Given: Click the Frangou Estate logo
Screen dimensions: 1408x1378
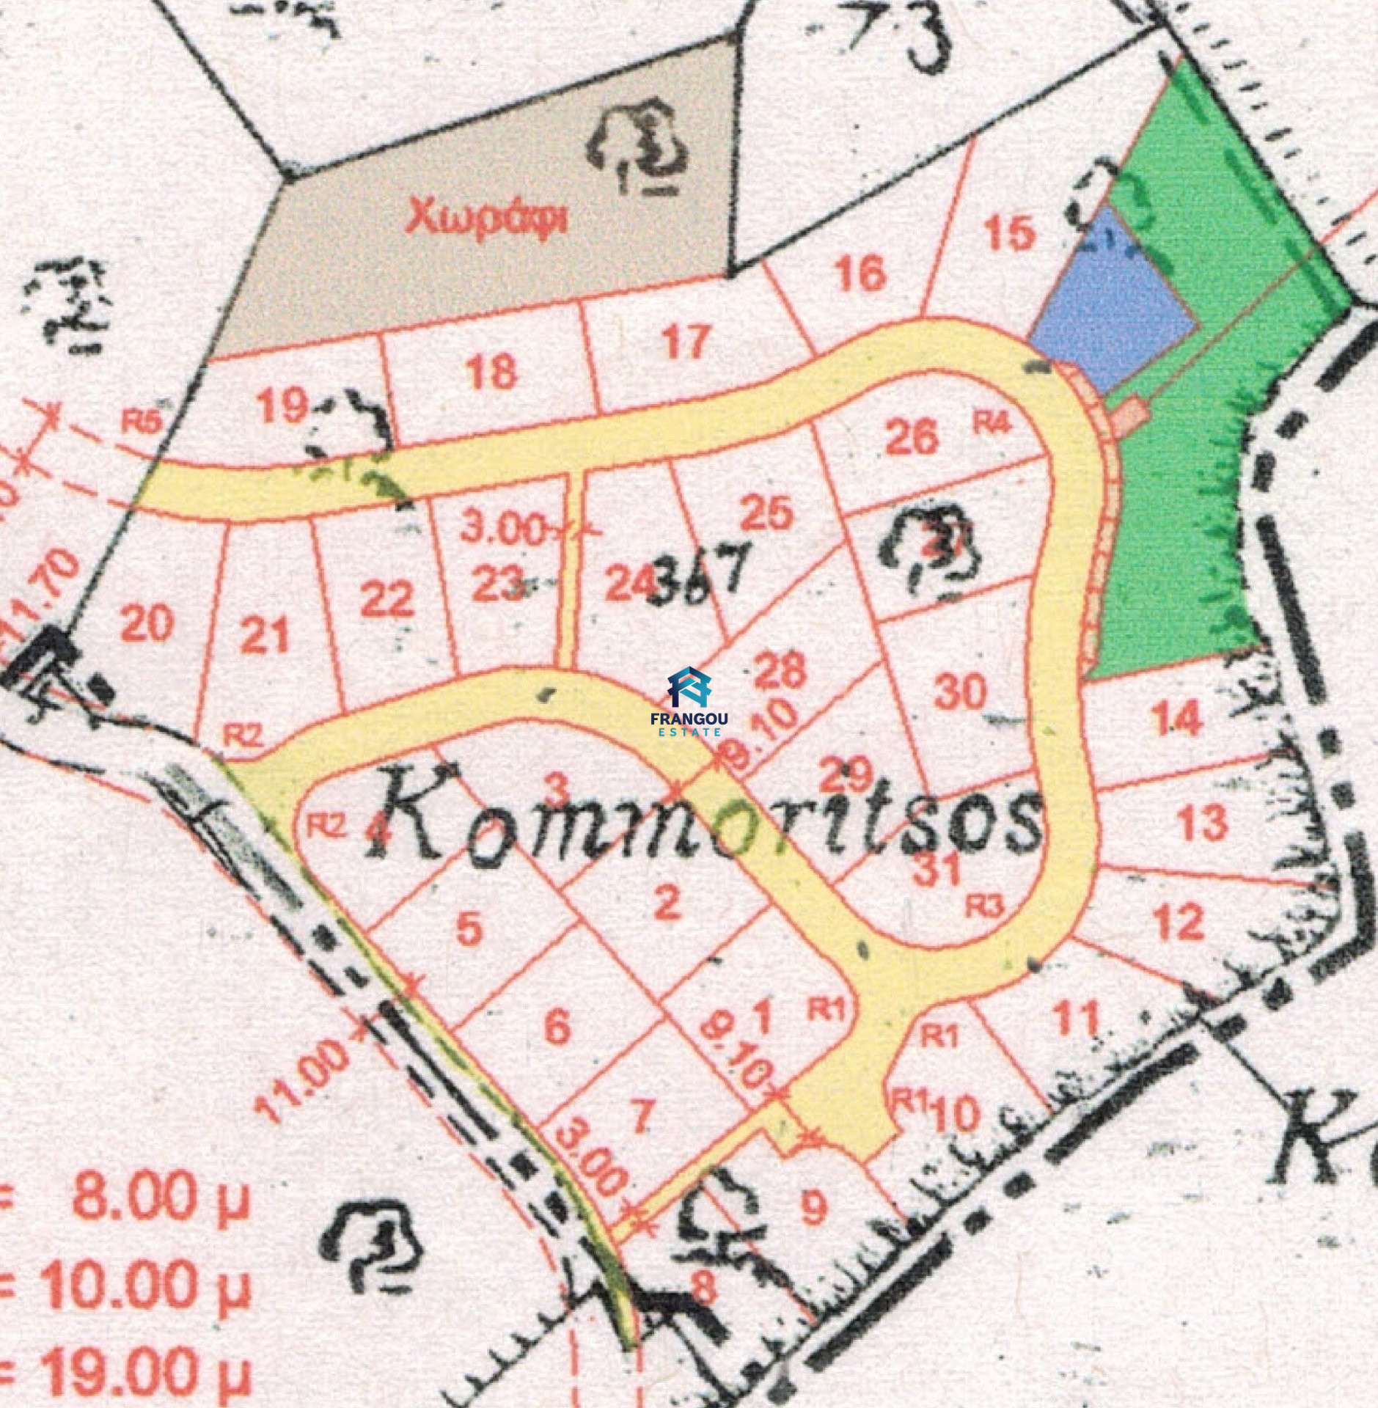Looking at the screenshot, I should [x=687, y=700].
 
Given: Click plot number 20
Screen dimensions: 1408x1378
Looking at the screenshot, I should [x=147, y=625].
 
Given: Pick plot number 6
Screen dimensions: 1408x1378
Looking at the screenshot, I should [x=557, y=1026].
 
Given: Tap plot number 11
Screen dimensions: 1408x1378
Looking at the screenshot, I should [x=1076, y=1017].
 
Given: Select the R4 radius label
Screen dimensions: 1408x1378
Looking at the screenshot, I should [x=992, y=423].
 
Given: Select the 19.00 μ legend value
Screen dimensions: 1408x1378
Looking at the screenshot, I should [x=139, y=1370].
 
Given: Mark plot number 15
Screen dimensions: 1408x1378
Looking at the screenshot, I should [x=1010, y=233].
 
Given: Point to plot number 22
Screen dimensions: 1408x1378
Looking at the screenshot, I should [x=386, y=601].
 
